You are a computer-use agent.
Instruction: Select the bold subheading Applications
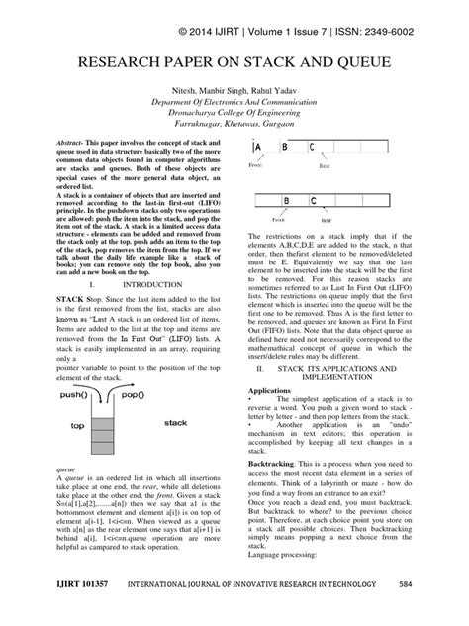[271, 391]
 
